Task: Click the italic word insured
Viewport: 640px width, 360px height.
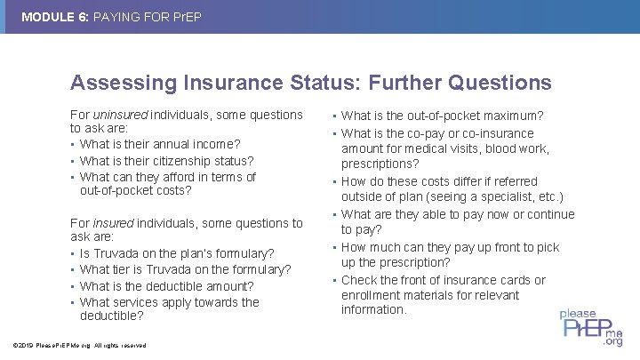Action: pos(111,223)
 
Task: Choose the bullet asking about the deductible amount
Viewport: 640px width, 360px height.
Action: pos(166,286)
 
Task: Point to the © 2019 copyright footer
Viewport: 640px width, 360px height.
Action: pos(76,345)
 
